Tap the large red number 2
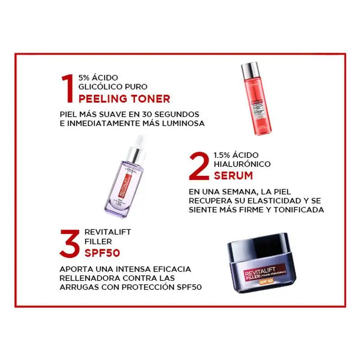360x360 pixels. [x=199, y=165]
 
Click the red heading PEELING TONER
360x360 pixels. [x=125, y=99]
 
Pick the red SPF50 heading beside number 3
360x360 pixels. [x=102, y=253]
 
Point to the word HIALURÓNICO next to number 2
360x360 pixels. [x=242, y=164]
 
